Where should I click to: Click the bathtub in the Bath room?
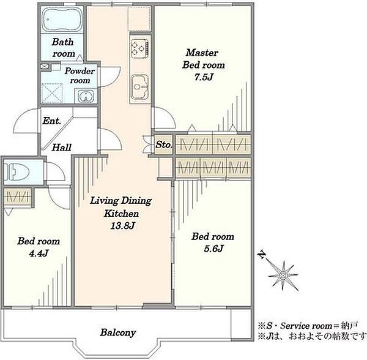point(62,20)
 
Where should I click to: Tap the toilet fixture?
point(17,172)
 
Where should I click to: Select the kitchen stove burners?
point(139,48)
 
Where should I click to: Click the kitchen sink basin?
point(139,87)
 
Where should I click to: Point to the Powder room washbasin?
point(86,96)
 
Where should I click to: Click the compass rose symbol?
point(283,276)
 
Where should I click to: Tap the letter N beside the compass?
point(262,255)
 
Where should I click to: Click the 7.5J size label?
point(204,77)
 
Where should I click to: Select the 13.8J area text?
point(123,225)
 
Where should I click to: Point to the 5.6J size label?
point(213,249)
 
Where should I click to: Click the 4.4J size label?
point(39,253)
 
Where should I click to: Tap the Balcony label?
point(118,332)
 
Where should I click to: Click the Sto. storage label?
point(164,144)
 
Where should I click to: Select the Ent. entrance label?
point(52,121)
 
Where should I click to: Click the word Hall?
point(62,148)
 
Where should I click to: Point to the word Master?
point(202,53)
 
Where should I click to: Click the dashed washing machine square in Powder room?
point(52,93)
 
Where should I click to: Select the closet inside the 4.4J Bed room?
point(18,197)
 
